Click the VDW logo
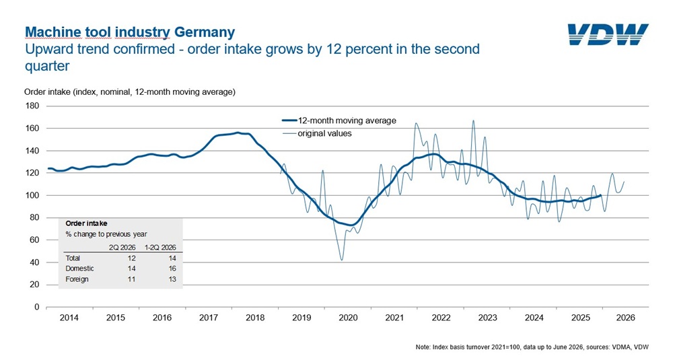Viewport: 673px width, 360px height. coord(608,34)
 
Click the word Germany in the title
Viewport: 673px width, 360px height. coord(205,32)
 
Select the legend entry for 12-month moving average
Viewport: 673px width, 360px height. coord(339,120)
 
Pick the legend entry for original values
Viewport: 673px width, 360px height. coord(317,133)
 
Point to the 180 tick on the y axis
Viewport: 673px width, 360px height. coord(32,106)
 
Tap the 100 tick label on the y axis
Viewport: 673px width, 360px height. coord(32,195)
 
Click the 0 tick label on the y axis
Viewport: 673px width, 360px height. coord(36,307)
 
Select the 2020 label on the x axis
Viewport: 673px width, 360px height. coord(348,318)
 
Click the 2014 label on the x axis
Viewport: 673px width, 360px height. coord(69,318)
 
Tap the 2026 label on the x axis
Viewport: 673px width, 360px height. coord(625,318)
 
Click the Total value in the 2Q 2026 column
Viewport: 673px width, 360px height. coord(131,258)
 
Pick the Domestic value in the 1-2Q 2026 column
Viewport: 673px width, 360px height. coord(172,268)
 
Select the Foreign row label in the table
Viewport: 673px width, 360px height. coord(77,279)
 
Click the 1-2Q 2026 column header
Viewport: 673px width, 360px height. coord(160,248)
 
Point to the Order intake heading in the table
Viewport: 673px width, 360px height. coord(86,223)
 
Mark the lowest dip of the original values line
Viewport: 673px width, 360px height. coord(342,260)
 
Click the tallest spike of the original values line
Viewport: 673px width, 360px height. coord(473,120)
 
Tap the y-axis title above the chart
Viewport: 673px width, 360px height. coord(130,92)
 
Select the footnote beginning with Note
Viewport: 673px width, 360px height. coord(532,347)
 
